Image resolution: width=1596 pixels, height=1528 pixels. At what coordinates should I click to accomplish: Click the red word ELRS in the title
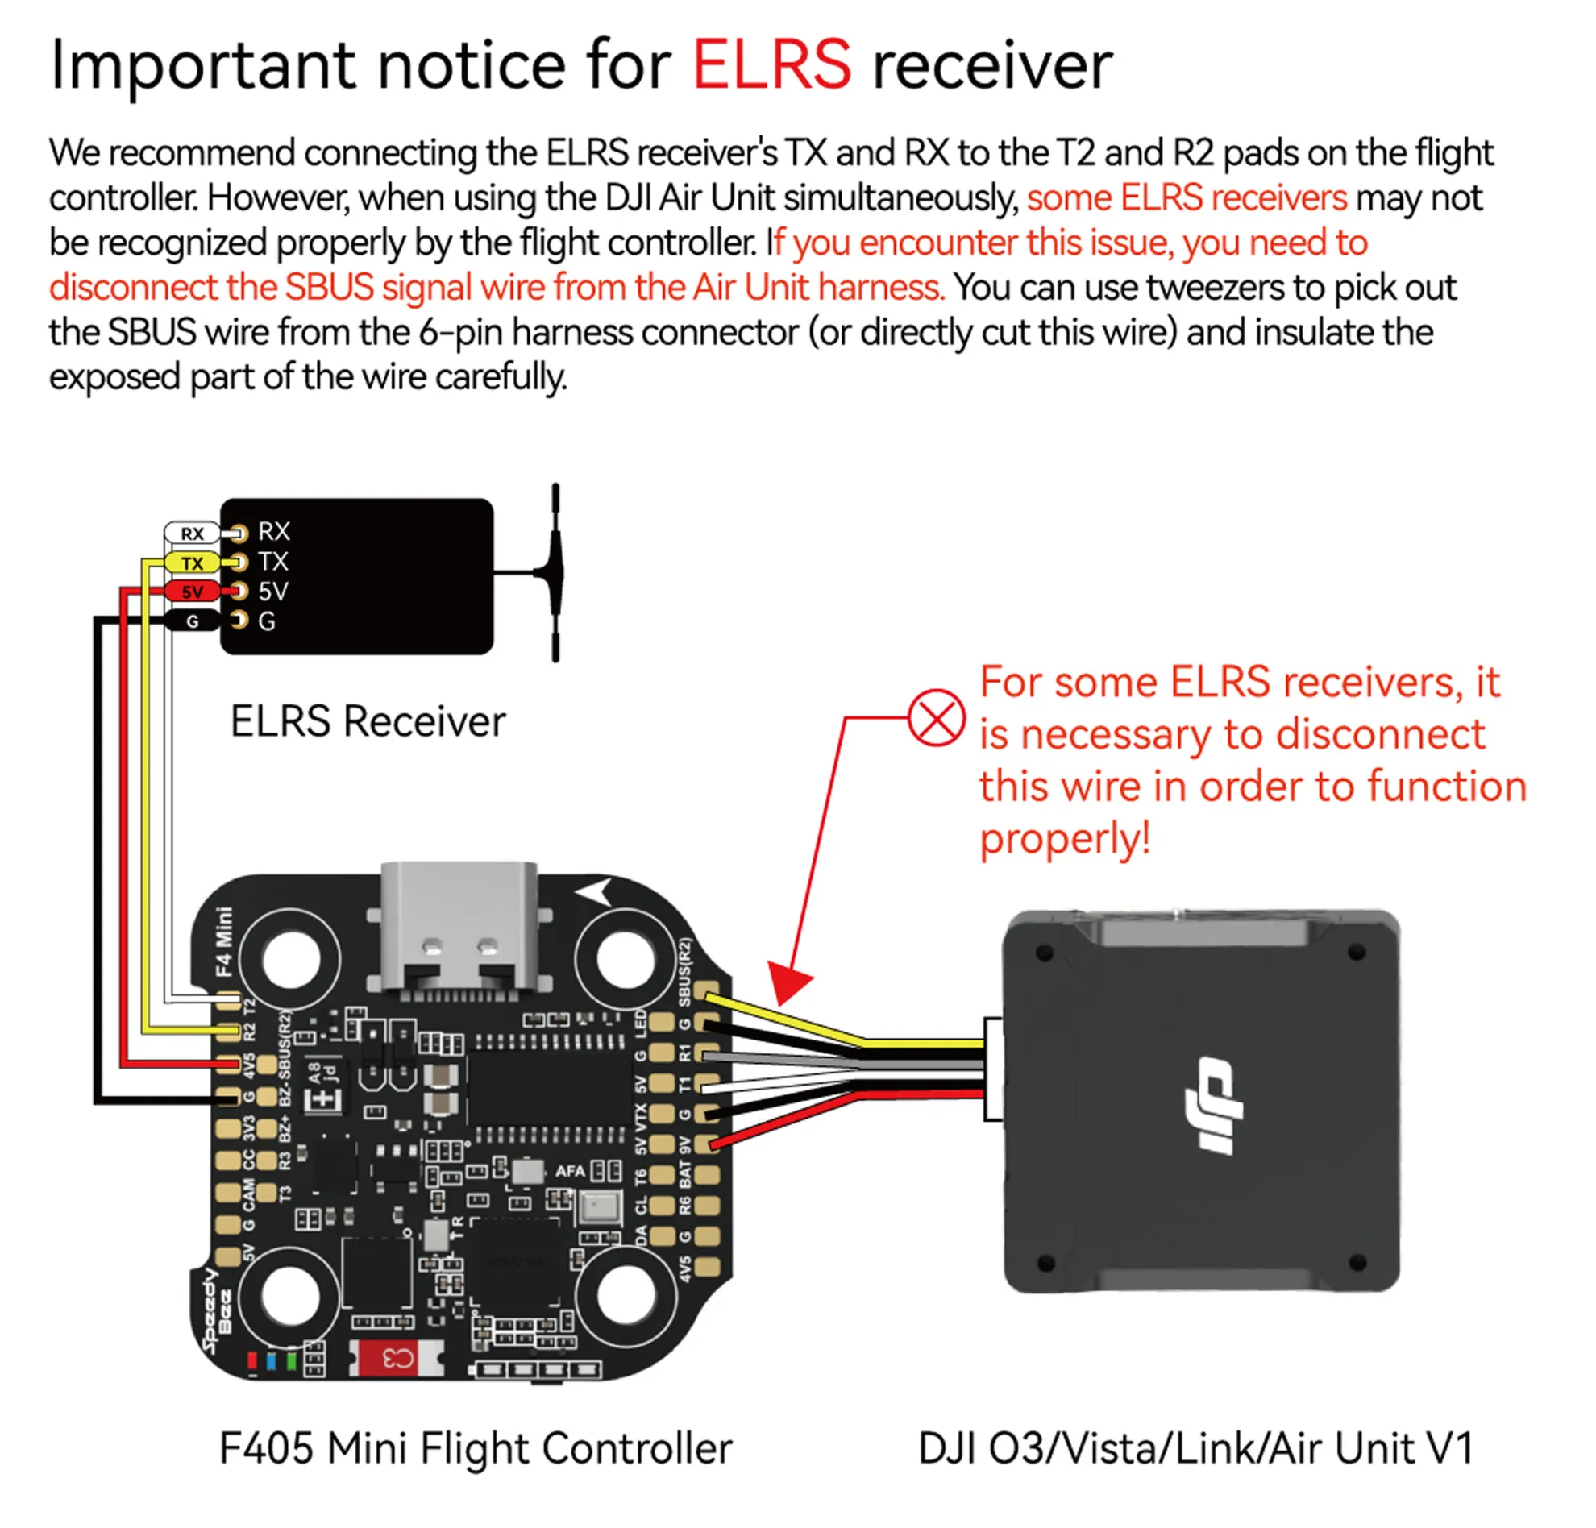(771, 65)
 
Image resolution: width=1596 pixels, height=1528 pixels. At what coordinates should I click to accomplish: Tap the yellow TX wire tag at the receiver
(192, 563)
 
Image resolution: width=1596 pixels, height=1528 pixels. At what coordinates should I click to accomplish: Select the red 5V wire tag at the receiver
(192, 592)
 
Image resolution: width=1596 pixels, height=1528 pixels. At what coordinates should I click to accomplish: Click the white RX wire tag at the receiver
(192, 534)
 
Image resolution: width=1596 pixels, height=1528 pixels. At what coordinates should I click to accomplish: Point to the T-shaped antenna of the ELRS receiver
(555, 572)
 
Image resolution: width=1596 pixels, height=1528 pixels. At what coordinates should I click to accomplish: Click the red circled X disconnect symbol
(937, 717)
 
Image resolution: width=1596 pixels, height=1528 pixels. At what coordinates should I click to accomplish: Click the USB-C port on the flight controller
(459, 928)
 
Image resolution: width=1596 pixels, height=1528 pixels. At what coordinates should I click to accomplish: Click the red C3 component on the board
(398, 1358)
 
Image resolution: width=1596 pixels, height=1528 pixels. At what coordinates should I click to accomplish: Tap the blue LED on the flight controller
(271, 1360)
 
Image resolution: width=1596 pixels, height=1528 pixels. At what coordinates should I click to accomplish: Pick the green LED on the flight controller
(291, 1360)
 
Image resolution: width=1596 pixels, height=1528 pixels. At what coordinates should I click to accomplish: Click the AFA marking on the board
(570, 1172)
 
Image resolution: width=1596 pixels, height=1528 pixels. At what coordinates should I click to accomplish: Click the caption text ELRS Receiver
(368, 721)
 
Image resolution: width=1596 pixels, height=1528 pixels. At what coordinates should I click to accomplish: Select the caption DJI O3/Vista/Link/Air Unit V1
(1195, 1448)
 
